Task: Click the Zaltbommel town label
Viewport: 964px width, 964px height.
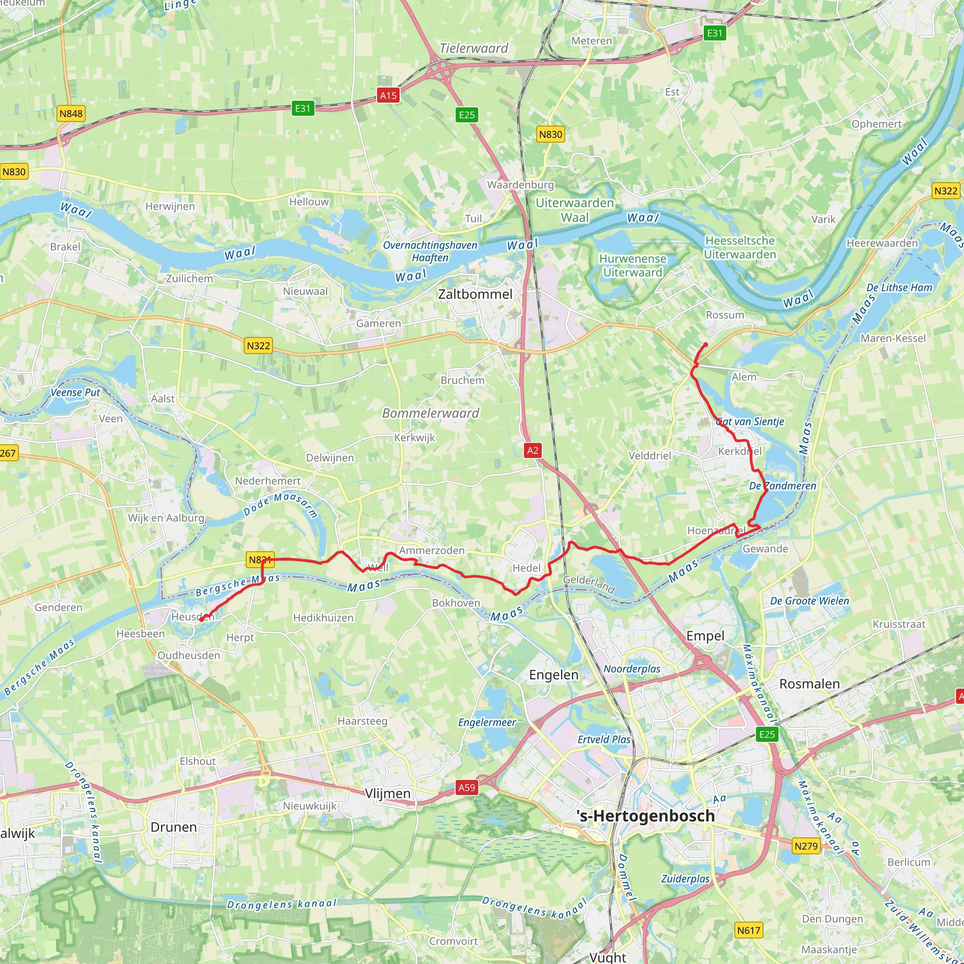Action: coord(475,294)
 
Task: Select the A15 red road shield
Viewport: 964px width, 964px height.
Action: coord(388,95)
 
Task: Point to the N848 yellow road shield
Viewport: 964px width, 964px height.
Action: coord(71,114)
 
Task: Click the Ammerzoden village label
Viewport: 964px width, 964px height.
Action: coord(432,550)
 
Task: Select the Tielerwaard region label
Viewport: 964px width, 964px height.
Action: coord(474,48)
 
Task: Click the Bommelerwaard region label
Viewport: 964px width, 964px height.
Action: coord(430,413)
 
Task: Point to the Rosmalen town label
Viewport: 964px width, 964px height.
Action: coord(809,684)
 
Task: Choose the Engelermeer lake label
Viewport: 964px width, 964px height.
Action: coord(487,723)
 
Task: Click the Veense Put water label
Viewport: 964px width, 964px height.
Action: coord(75,393)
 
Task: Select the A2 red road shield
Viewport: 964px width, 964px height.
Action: coord(532,450)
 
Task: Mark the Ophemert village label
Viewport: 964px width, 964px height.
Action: coord(876,124)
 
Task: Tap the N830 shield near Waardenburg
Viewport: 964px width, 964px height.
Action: coord(550,134)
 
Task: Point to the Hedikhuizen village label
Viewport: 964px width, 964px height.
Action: coord(323,618)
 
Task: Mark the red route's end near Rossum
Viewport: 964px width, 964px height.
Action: coord(706,345)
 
